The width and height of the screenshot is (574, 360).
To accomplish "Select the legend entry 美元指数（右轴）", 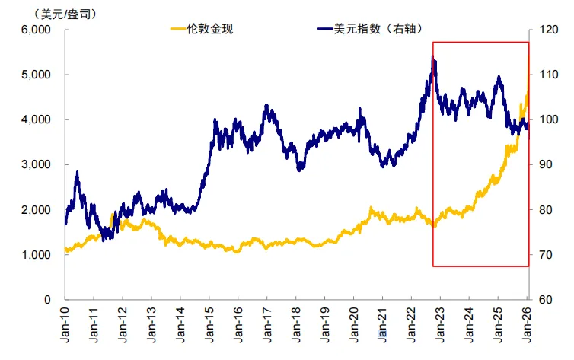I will (376, 30).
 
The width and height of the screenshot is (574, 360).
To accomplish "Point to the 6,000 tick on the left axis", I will (34, 30).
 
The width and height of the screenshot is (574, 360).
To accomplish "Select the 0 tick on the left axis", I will (46, 299).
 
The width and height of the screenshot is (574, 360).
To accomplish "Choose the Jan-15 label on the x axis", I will (209, 323).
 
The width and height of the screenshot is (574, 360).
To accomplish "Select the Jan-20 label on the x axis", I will (354, 323).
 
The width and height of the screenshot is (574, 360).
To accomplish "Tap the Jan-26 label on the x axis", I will (527, 323).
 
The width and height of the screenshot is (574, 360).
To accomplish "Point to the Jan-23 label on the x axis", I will (441, 323).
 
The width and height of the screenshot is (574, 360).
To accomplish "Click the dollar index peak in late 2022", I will (433, 57).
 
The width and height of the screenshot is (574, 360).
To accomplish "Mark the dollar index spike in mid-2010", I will (78, 174).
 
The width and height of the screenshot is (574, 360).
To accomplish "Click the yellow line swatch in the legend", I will (177, 30).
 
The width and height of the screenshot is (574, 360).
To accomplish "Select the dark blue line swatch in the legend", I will (324, 30).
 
